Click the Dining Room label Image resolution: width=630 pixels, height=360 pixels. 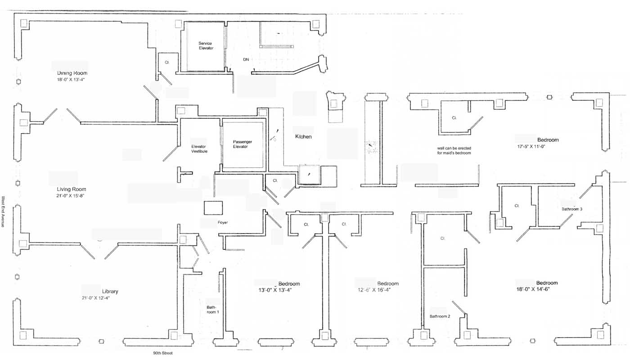(x=72, y=73)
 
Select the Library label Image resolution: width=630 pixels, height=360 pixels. (x=110, y=291)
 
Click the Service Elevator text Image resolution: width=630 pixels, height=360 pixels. (x=206, y=45)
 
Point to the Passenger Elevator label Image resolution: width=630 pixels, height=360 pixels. (x=240, y=144)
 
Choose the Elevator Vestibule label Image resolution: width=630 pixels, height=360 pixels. (x=199, y=149)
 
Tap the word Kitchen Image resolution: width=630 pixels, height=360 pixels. (x=303, y=136)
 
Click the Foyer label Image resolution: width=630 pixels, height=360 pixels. (x=223, y=222)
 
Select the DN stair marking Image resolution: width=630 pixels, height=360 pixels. (x=246, y=59)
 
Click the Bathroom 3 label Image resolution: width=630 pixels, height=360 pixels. (x=572, y=209)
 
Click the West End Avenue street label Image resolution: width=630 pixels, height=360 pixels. (x=3, y=211)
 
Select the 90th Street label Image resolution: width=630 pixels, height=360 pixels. (x=162, y=353)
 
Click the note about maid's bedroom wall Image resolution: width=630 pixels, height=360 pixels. (x=454, y=150)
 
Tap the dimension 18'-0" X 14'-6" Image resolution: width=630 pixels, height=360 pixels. (x=533, y=289)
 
